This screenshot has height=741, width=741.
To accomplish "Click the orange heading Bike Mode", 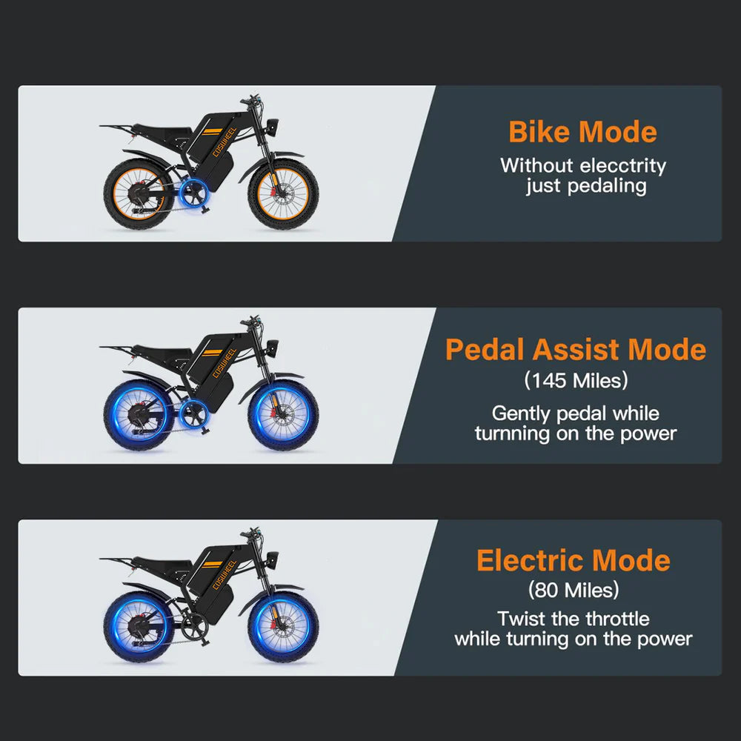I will click(x=582, y=132).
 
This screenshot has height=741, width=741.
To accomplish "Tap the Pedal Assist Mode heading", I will click(x=576, y=349).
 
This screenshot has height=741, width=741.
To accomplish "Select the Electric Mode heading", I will click(x=573, y=560).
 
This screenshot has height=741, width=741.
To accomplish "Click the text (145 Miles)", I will click(x=576, y=381).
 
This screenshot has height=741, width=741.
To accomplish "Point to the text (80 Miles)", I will click(x=574, y=591).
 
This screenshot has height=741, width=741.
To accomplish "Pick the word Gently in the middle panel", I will click(x=517, y=413).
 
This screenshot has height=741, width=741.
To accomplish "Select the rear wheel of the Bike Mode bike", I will click(x=139, y=195).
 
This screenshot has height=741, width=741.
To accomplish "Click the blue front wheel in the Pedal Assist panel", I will click(x=283, y=415).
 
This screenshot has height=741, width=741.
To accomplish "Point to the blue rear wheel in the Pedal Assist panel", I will click(x=139, y=416).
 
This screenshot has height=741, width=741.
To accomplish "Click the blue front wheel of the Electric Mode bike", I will click(x=283, y=628).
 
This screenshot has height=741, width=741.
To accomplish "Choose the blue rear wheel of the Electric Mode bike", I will click(x=139, y=628).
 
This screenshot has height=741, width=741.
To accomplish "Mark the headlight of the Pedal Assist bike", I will click(x=273, y=345).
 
